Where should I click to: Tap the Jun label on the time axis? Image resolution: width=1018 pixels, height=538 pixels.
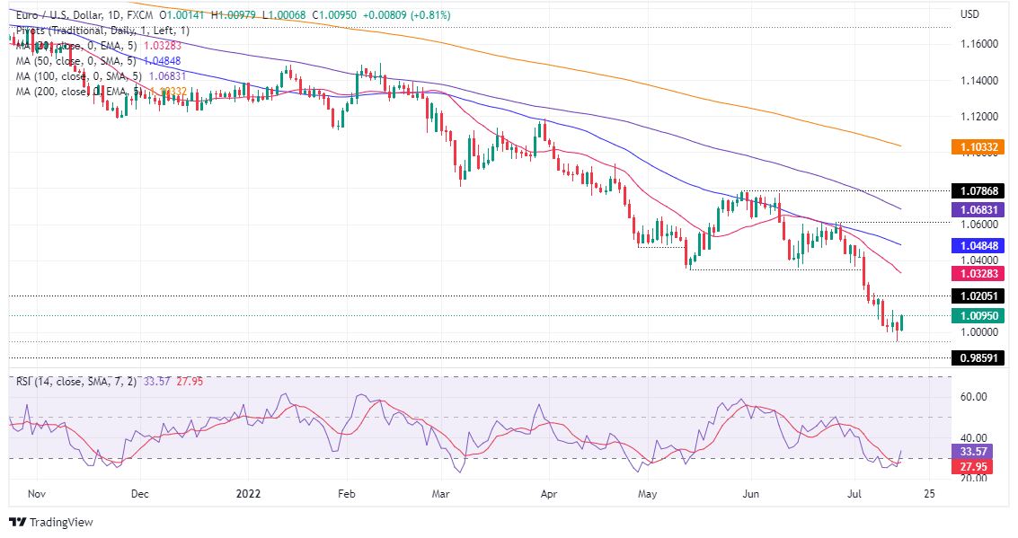(753, 493)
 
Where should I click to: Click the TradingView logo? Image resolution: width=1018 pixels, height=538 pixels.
(51, 522)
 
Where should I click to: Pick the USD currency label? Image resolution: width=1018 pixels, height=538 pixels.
(969, 14)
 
